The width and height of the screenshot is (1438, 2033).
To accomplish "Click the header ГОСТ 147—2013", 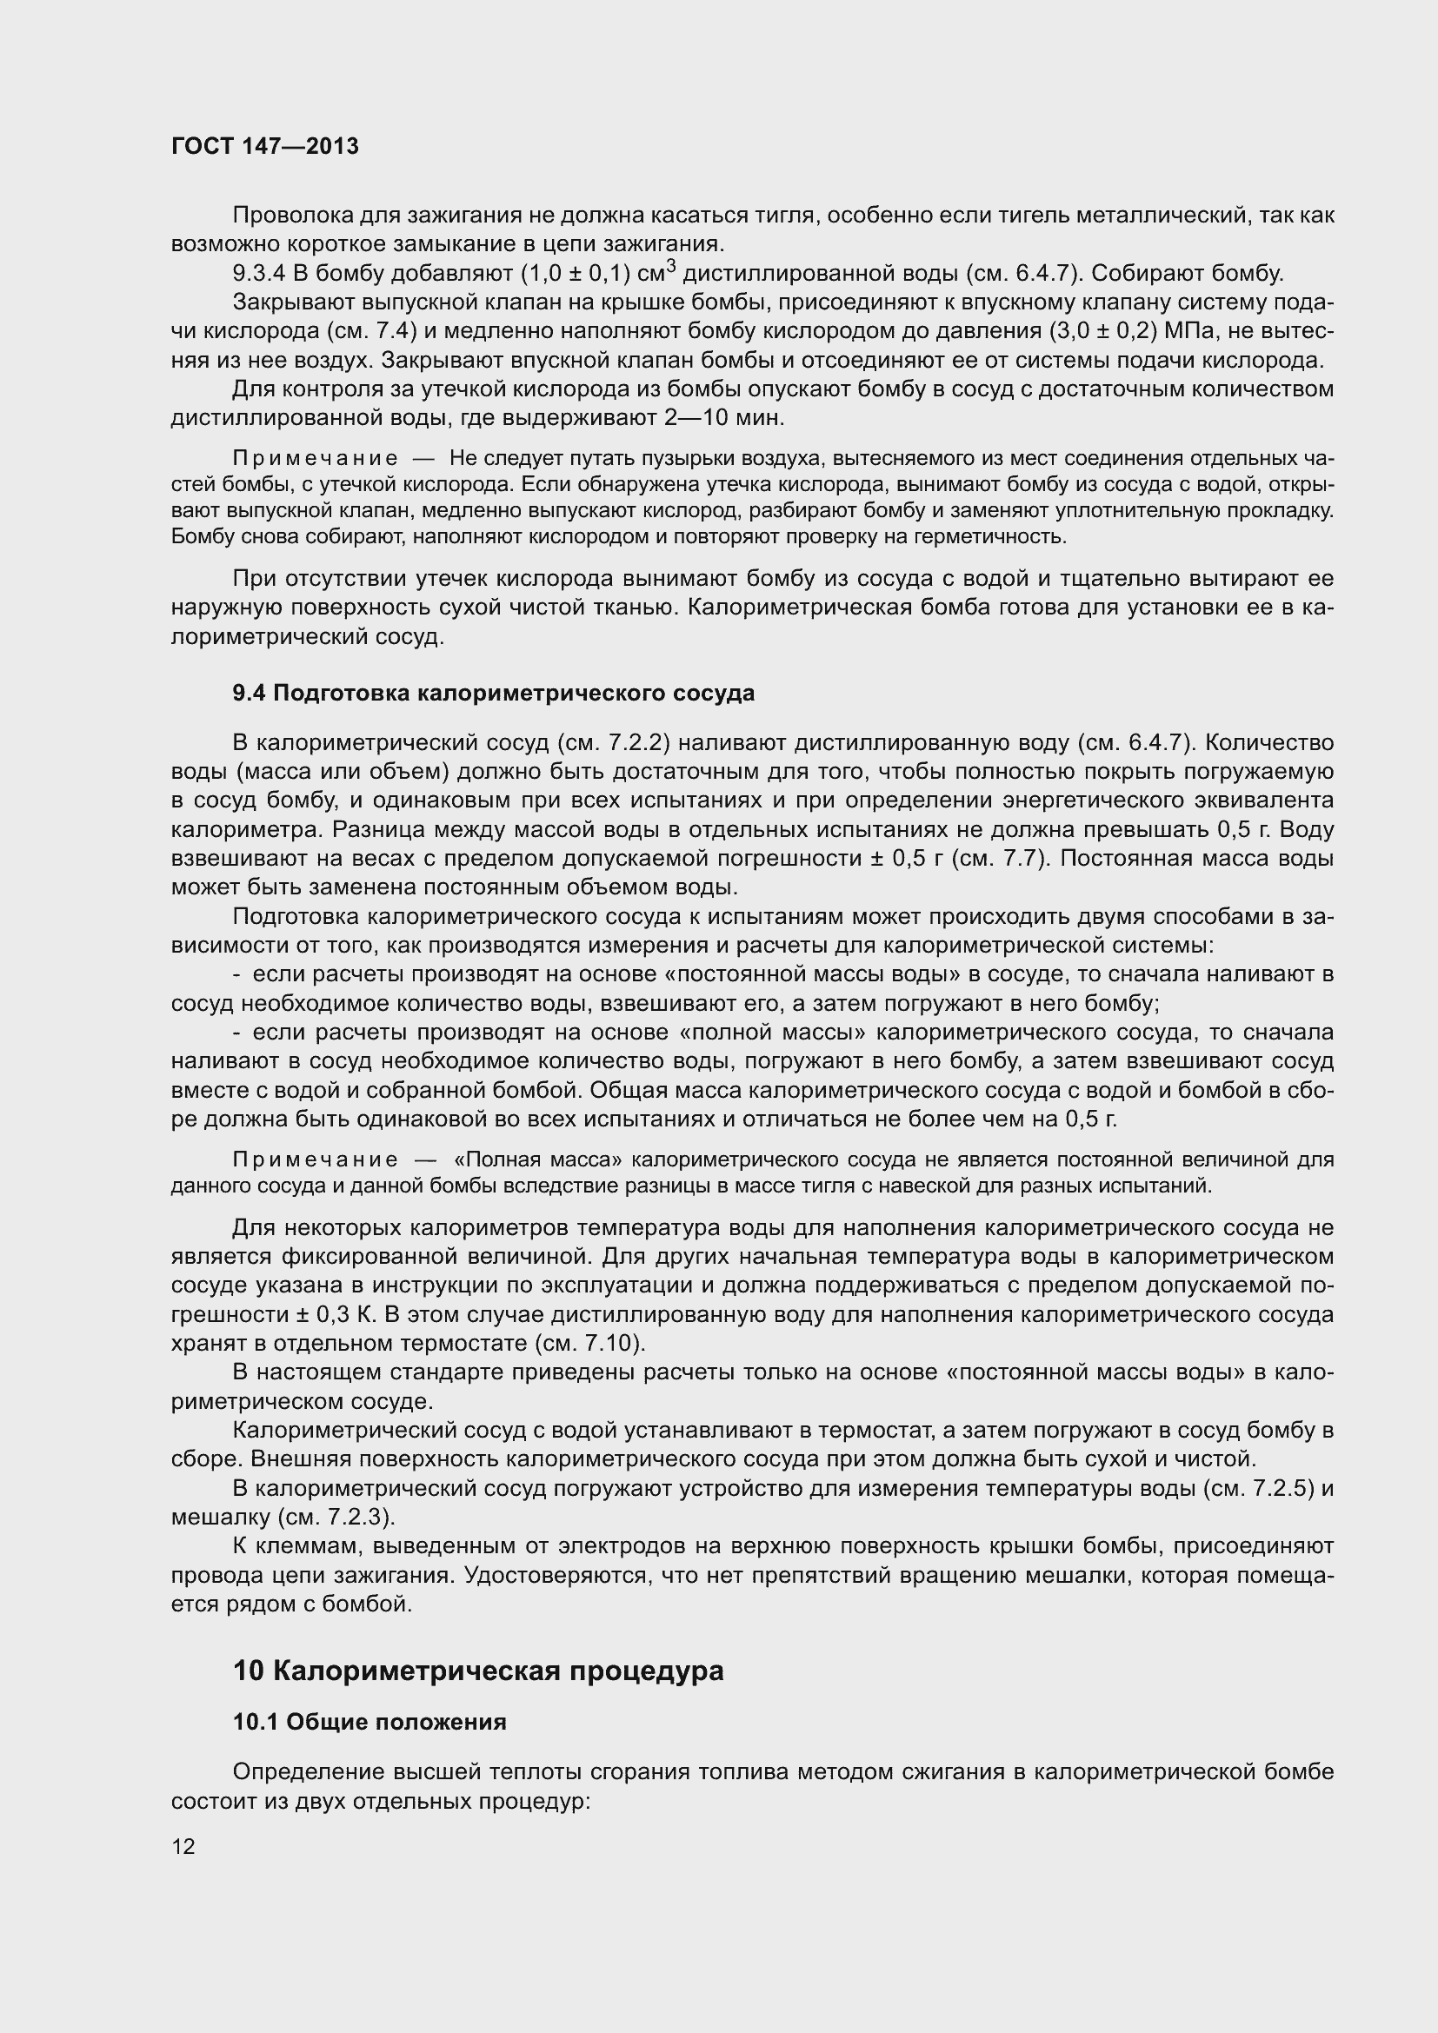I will (265, 146).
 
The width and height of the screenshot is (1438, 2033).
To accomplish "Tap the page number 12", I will (183, 1846).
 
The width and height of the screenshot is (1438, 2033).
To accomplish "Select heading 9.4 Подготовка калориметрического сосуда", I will (493, 693).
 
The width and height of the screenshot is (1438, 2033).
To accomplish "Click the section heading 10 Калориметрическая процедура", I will (478, 1671).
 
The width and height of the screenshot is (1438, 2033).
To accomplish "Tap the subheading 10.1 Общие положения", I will (369, 1722).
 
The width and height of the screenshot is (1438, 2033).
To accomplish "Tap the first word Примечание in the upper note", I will (316, 459).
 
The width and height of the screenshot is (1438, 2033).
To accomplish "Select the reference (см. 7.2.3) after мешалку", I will (336, 1518).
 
